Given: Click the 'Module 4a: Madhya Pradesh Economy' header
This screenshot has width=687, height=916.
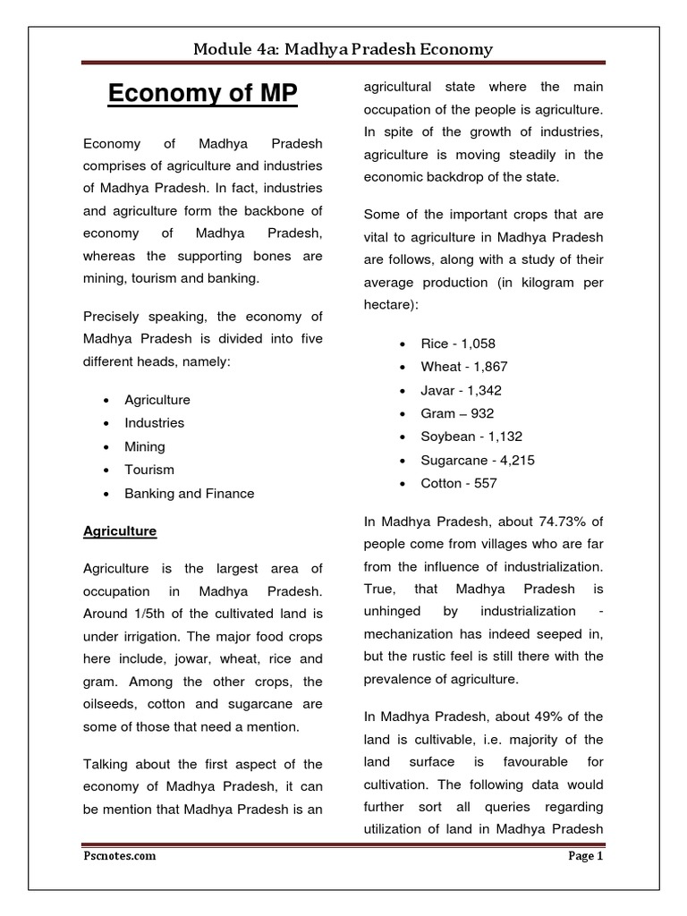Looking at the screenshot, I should [343, 48].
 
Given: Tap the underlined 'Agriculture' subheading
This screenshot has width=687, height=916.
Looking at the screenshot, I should [120, 530].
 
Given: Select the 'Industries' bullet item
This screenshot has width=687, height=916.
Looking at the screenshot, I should [155, 422].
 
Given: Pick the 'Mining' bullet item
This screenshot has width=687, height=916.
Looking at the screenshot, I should [145, 445].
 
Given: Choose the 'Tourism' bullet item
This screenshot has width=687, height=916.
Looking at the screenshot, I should [149, 469].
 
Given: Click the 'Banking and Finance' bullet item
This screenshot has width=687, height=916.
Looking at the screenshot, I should [190, 493].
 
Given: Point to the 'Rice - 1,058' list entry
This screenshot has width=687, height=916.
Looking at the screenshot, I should [458, 343].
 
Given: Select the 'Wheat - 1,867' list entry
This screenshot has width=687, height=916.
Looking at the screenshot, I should [464, 367].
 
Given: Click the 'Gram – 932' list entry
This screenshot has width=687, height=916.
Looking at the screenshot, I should [457, 413].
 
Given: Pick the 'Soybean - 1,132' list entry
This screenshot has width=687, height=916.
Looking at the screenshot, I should [471, 437].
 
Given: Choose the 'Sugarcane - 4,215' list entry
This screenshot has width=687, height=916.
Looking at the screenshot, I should [478, 460].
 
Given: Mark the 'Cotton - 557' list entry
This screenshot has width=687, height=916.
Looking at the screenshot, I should [459, 483].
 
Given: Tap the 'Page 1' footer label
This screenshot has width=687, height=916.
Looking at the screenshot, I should [586, 855].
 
